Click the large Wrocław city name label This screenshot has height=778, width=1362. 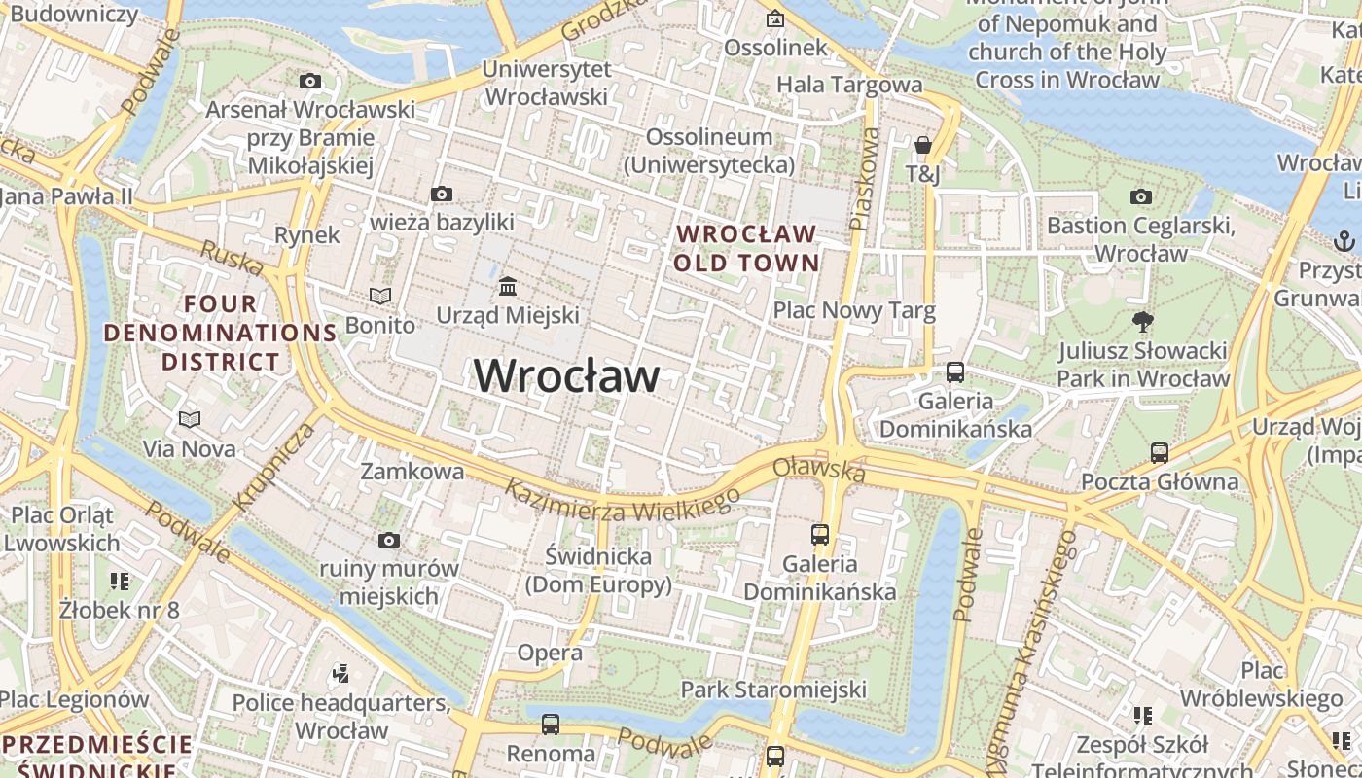point(567,375)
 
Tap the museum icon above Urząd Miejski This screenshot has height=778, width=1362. point(508,287)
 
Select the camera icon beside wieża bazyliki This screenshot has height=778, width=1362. point(442,194)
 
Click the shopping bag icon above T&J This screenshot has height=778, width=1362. point(922,146)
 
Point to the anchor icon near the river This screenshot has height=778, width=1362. point(1344,239)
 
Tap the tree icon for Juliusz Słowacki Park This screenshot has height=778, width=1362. point(1143,321)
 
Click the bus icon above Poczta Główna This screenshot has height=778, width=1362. point(1159,452)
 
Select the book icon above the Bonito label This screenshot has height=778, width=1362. point(380,296)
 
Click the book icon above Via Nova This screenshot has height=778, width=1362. point(190,419)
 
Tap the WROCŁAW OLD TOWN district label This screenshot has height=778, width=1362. point(746,248)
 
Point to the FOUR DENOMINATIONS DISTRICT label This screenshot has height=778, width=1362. point(220,333)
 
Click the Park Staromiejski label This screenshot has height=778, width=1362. point(773,690)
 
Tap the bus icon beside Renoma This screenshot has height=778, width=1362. point(551,724)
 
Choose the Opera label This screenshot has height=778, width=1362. point(550,652)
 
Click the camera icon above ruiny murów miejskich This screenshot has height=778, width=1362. point(389,540)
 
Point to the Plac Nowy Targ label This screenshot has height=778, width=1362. point(854,310)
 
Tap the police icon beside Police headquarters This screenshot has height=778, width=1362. point(340,672)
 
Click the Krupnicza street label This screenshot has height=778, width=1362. point(275,466)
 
